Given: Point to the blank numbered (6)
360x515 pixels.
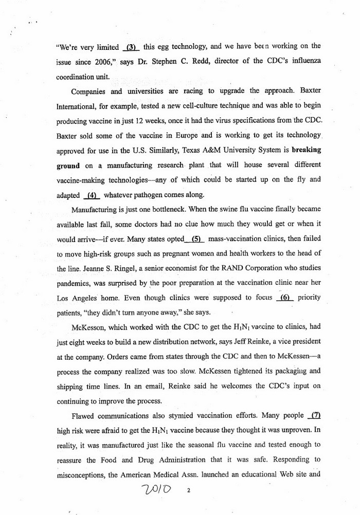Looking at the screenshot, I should pyautogui.click(x=284, y=298).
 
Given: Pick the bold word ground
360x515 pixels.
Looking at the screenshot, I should pyautogui.click(x=68, y=165).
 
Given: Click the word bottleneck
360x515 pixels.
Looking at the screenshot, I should pyautogui.click(x=181, y=209).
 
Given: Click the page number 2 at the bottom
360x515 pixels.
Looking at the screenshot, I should pyautogui.click(x=188, y=491).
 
